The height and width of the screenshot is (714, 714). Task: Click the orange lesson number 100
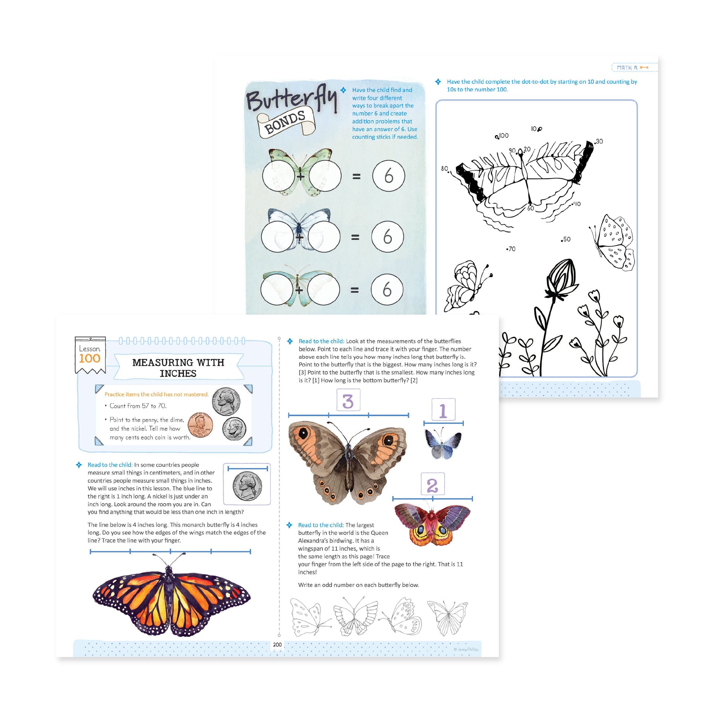coord(90,358)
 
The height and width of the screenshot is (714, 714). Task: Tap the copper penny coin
coord(200,425)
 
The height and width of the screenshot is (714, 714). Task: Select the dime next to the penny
coord(234,429)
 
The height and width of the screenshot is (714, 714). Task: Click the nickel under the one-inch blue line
coord(247,486)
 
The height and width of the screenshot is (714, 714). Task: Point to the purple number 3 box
coord(348,401)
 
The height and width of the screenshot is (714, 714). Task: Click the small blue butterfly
coord(443,443)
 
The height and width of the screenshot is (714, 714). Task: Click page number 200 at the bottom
coord(277,645)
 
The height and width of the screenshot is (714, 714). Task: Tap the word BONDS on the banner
coord(285,122)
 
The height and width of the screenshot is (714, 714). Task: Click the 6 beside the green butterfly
coord(389,175)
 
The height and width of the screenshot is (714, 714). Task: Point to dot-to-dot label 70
coord(511,249)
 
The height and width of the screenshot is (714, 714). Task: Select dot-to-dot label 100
coord(503,136)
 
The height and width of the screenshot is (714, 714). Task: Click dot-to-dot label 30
coord(599,142)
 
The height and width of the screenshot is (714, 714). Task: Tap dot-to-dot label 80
coord(444,169)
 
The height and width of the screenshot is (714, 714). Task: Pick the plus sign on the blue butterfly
coord(299,237)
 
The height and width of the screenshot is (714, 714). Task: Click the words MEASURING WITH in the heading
coord(178,363)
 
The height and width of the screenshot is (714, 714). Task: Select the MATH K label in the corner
coord(627,68)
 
